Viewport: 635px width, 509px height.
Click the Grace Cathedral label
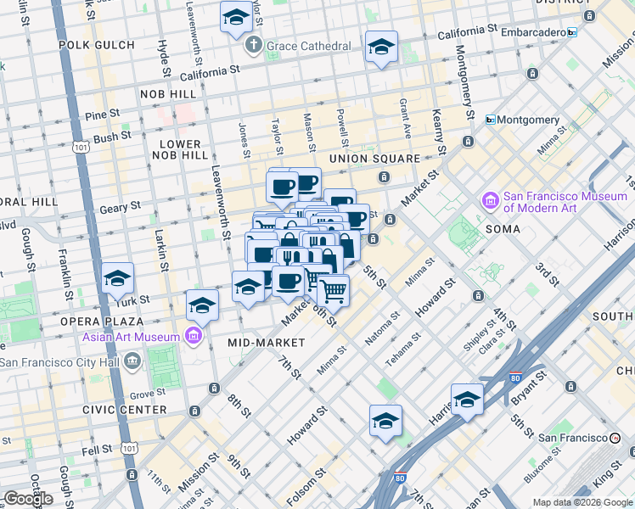308,46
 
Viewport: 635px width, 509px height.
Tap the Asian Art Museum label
131,337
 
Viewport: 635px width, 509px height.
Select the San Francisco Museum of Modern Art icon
491,201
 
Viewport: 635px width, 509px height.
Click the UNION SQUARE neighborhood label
374,159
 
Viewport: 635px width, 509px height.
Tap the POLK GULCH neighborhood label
96,45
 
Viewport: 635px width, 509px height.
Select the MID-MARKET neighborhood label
266,343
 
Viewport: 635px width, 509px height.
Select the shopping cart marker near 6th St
333,290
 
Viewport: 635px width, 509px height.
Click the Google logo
28,499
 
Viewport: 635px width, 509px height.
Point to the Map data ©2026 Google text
582,502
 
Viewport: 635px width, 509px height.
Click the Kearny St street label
440,132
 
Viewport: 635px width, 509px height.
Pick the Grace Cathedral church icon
253,46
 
